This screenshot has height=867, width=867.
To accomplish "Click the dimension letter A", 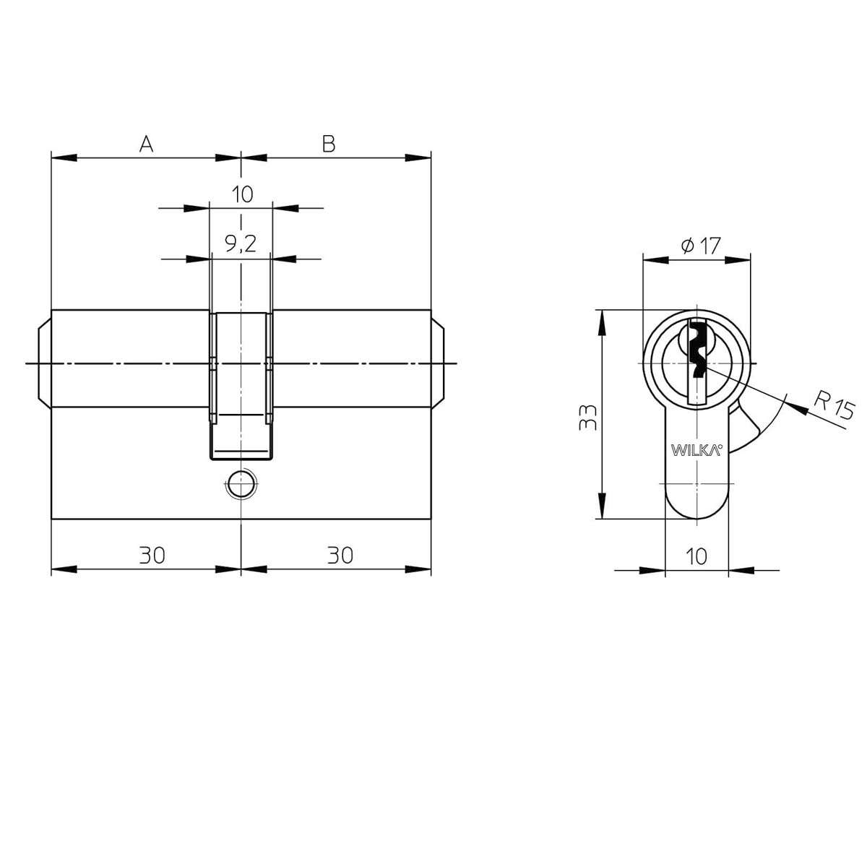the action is (146, 144).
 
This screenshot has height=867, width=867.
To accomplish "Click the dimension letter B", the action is (329, 144).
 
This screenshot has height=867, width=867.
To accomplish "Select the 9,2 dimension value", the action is (241, 244).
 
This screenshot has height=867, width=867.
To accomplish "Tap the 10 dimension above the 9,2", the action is (243, 194).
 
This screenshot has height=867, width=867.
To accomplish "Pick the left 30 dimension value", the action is (152, 555).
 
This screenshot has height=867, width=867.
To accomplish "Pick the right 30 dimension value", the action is (340, 555).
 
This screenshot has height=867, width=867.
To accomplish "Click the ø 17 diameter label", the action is (701, 246).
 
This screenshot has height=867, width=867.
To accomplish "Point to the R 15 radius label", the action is (834, 407).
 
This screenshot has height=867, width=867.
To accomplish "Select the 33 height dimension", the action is (587, 418).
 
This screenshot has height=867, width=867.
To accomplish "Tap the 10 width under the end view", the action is (696, 556).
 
